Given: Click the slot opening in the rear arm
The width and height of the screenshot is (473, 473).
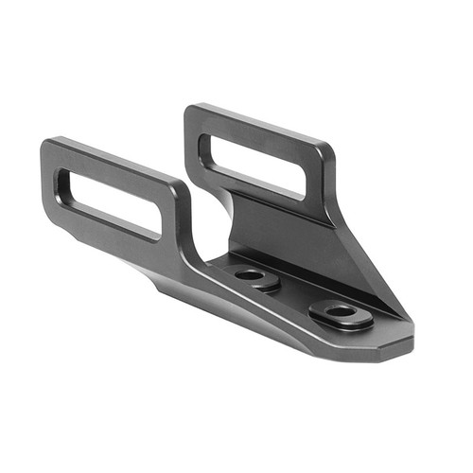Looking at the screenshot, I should click(x=255, y=164).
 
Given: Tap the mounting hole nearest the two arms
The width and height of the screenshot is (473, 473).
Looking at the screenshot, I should click(x=250, y=274).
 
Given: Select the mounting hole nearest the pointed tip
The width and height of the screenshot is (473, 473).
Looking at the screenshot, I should click(x=342, y=310).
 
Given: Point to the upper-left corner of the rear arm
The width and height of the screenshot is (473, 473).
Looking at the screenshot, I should click(x=190, y=110).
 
